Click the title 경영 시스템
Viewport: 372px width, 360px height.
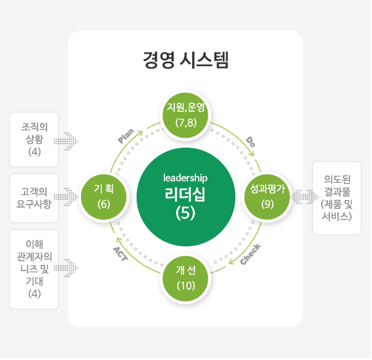[x=186, y=60]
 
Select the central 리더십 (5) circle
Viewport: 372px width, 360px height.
[x=186, y=197]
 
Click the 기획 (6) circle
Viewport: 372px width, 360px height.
[x=104, y=197]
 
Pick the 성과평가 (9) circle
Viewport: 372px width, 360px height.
[x=268, y=197]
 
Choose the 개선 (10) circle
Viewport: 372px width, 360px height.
[x=186, y=278]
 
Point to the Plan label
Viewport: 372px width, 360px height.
[x=126, y=136]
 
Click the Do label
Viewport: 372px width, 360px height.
[x=250, y=142]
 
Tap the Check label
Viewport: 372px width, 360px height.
[x=250, y=254]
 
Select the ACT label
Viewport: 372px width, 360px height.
[x=120, y=254]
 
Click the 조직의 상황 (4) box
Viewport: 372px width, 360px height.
[x=34, y=140]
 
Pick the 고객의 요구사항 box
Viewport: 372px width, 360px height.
[x=34, y=198]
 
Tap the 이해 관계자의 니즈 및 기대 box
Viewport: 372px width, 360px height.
[x=34, y=269]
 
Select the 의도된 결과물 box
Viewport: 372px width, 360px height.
[x=337, y=198]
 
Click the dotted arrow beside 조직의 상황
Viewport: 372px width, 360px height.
[x=66, y=141]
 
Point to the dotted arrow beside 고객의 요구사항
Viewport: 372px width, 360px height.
[x=66, y=197]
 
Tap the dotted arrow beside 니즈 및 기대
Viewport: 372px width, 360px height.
[x=66, y=268]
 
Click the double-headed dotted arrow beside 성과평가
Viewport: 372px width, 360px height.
[x=305, y=197]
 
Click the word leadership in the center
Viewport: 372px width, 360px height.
[x=185, y=178]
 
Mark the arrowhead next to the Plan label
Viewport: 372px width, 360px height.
[x=140, y=133]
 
